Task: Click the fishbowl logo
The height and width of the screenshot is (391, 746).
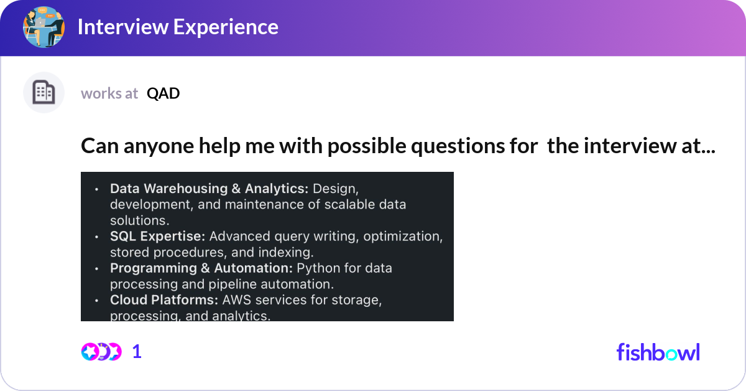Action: [658, 352]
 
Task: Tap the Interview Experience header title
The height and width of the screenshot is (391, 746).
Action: [178, 27]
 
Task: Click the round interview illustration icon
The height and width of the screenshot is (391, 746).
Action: [44, 27]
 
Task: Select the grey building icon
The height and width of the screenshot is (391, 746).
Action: [44, 92]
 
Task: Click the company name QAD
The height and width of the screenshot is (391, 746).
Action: [163, 93]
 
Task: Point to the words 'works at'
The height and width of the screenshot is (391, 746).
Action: [109, 93]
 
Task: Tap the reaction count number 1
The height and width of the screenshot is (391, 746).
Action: [137, 352]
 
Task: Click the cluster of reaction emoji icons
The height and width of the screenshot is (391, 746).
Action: [101, 352]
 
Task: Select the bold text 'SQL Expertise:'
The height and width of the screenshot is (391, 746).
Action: [157, 236]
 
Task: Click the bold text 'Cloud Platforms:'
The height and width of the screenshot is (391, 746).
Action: [164, 300]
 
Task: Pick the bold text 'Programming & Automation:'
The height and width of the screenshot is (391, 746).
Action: [201, 268]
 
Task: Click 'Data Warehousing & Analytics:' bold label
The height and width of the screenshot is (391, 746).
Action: [209, 189]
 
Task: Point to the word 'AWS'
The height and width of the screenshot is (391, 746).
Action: [236, 300]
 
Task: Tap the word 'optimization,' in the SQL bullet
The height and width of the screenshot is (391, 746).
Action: [403, 237]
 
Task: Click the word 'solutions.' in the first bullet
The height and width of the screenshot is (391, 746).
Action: [140, 220]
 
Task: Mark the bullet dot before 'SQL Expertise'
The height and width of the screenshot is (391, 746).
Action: [96, 237]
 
